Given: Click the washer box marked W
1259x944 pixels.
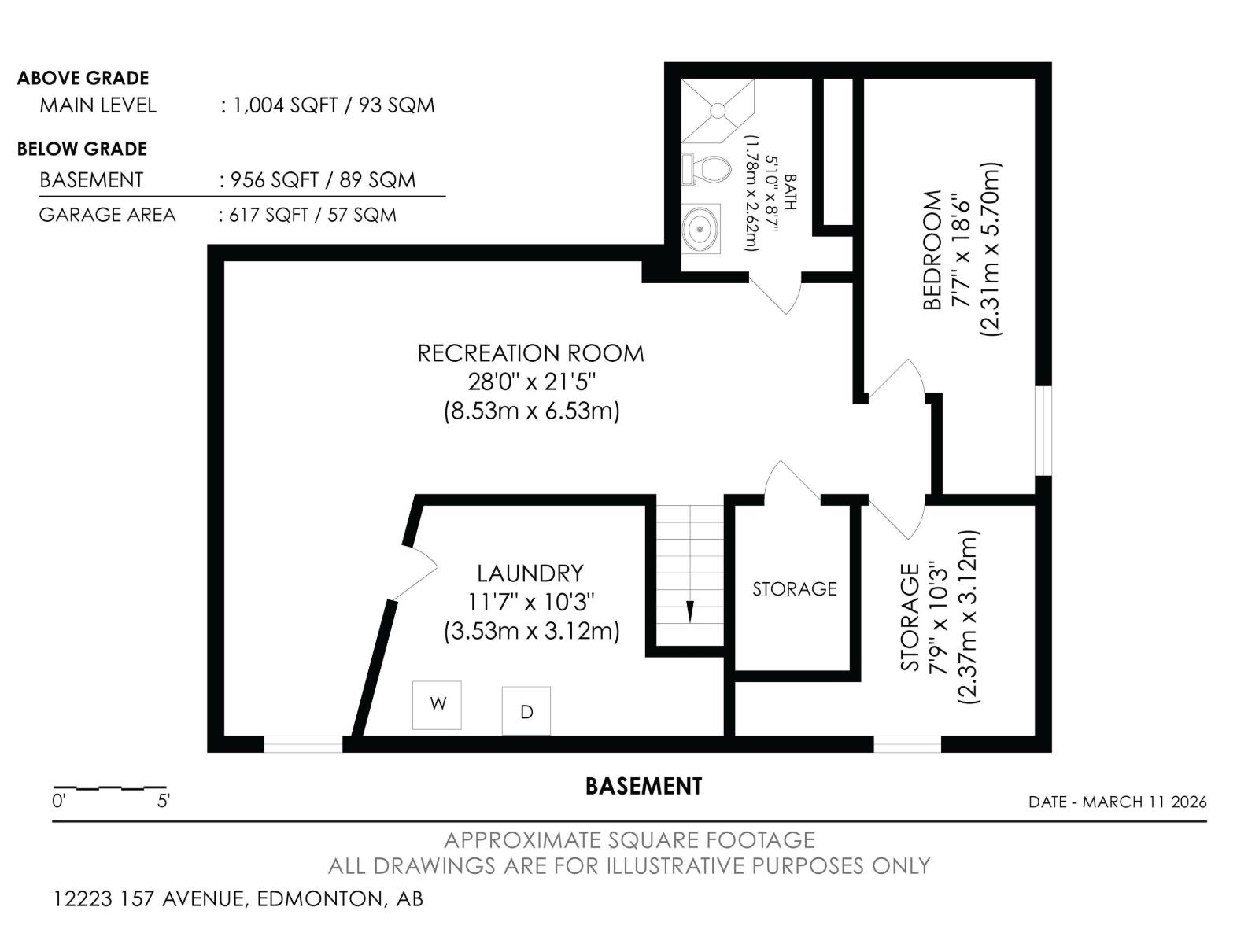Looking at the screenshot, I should click(437, 705).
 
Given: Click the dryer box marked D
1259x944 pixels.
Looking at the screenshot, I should click(526, 711).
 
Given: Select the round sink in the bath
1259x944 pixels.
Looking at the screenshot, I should click(700, 229).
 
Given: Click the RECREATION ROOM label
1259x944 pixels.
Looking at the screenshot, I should click(530, 353).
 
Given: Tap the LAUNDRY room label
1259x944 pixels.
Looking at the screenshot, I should click(530, 573).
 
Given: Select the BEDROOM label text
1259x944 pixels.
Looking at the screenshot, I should click(932, 249).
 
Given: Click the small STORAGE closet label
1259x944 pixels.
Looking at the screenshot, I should click(794, 589).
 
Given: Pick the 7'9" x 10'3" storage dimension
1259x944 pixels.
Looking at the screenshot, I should click(936, 618).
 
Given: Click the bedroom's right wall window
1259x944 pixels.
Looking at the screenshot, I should click(1043, 430).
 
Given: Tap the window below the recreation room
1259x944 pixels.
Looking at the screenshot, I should click(303, 744).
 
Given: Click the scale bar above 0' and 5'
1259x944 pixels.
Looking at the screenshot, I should click(109, 787).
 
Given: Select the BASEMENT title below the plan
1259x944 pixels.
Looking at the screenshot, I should click(643, 786).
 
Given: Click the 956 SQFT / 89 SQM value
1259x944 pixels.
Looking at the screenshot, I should click(323, 180).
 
